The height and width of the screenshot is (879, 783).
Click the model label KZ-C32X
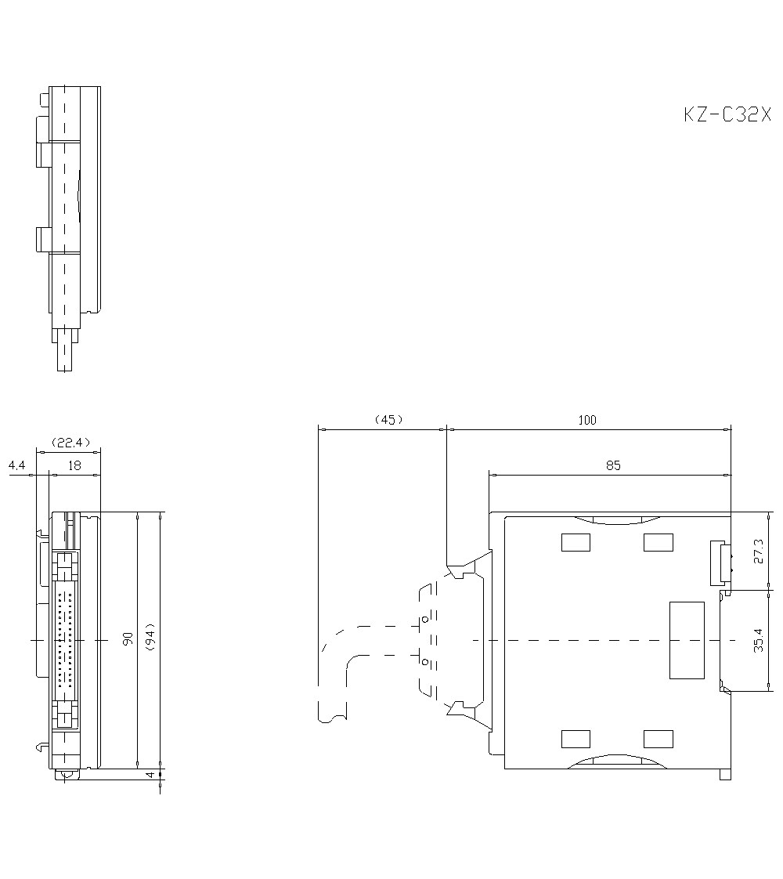(727, 114)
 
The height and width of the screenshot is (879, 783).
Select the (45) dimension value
(388, 419)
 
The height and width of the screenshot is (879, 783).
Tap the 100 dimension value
(587, 420)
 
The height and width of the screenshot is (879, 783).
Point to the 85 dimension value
(613, 465)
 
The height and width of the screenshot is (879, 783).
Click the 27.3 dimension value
(759, 551)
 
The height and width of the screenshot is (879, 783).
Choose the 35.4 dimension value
(759, 639)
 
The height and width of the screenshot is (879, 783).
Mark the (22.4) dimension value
(70, 443)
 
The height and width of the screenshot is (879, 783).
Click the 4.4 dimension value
(16, 465)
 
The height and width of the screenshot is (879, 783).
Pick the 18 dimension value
(74, 465)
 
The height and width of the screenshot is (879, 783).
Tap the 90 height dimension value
(128, 638)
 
